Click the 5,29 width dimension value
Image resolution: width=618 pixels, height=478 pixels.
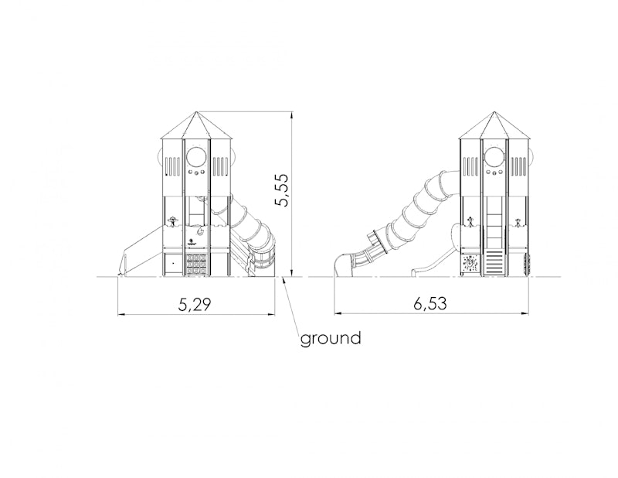pyautogui.click(x=195, y=304)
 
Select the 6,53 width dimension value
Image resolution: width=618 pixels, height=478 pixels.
pyautogui.click(x=430, y=304)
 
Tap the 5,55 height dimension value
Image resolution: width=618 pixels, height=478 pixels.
pyautogui.click(x=282, y=189)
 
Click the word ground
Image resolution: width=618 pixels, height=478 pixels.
pyautogui.click(x=331, y=339)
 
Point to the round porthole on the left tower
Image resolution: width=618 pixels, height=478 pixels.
pyautogui.click(x=197, y=157)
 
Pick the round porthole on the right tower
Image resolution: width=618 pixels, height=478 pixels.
pyautogui.click(x=494, y=157)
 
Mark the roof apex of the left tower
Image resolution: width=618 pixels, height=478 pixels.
pyautogui.click(x=197, y=111)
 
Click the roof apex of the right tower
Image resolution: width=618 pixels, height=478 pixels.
pyautogui.click(x=494, y=111)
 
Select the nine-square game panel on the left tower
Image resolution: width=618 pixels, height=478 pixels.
pyautogui.click(x=197, y=265)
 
